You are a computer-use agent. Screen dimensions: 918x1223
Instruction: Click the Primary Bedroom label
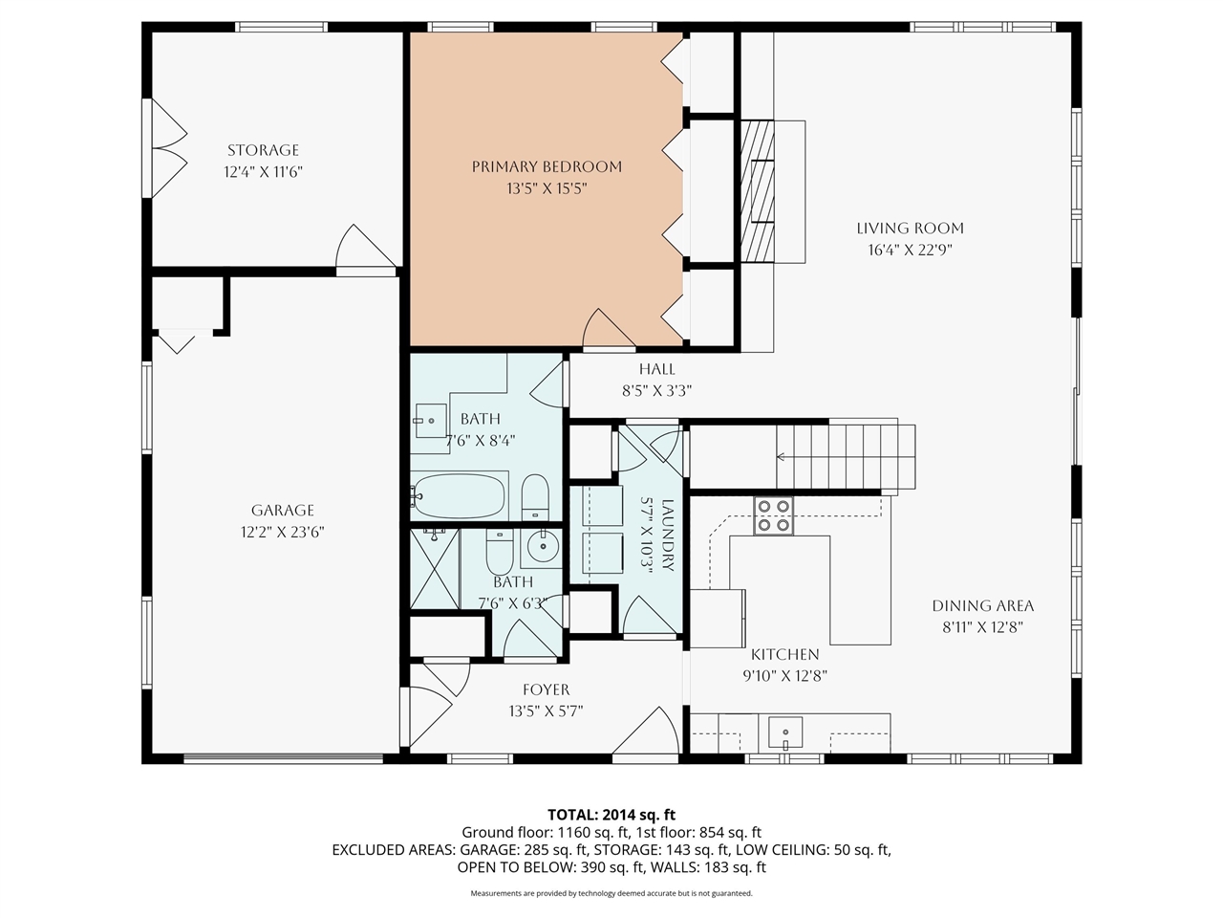(547, 166)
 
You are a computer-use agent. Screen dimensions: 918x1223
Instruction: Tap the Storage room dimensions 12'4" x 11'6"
(263, 172)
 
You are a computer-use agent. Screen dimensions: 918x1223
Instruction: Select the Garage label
(282, 511)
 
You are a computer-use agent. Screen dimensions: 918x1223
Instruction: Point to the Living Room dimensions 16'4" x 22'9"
(910, 251)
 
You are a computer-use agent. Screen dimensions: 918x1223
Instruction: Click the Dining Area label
(982, 605)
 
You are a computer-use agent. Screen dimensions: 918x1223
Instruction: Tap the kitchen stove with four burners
(773, 515)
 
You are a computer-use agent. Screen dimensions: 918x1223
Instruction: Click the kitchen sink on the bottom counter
(784, 733)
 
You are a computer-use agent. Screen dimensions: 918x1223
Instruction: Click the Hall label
(656, 369)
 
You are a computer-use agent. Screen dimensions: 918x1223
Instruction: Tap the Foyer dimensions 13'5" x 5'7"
(546, 711)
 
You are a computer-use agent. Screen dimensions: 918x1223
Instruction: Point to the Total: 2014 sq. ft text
(611, 815)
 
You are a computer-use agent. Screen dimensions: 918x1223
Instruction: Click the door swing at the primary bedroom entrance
(609, 330)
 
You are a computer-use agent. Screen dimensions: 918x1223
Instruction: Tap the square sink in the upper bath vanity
(431, 418)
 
